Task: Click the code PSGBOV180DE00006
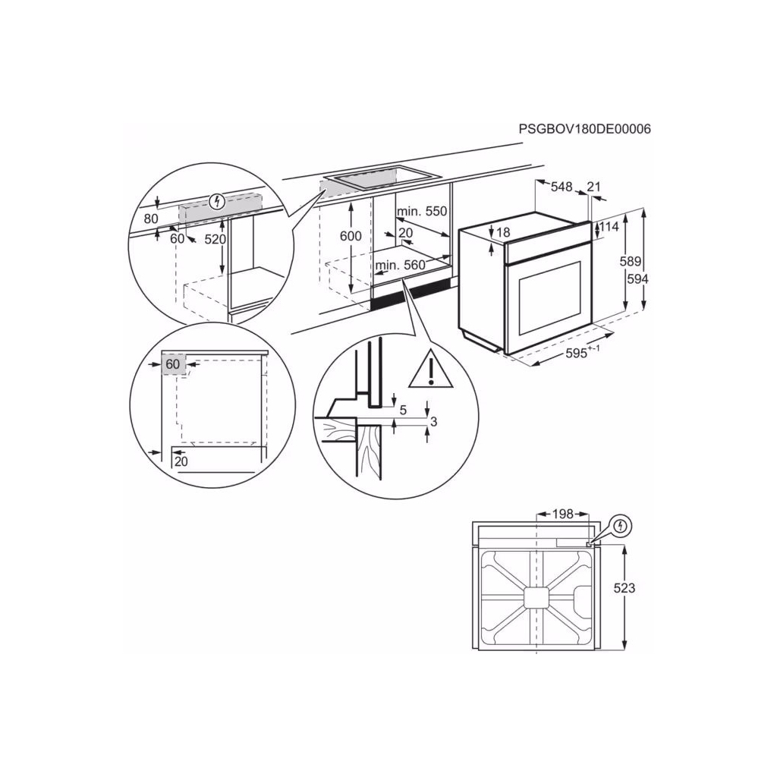tap(584, 129)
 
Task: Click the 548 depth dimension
tap(562, 187)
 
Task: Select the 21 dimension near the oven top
tap(594, 187)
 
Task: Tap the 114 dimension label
tap(610, 226)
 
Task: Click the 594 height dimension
tap(637, 278)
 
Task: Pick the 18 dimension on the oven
tap(502, 232)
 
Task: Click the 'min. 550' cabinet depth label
tap(422, 212)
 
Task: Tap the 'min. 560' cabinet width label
tap(400, 265)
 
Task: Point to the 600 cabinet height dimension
tap(351, 236)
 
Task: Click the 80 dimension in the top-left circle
tap(150, 219)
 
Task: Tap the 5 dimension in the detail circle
tap(403, 411)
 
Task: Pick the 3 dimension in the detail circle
tap(433, 421)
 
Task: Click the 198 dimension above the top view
tap(562, 514)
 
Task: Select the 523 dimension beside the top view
tap(624, 588)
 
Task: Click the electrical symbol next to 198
tap(621, 525)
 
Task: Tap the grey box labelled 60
tap(173, 365)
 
